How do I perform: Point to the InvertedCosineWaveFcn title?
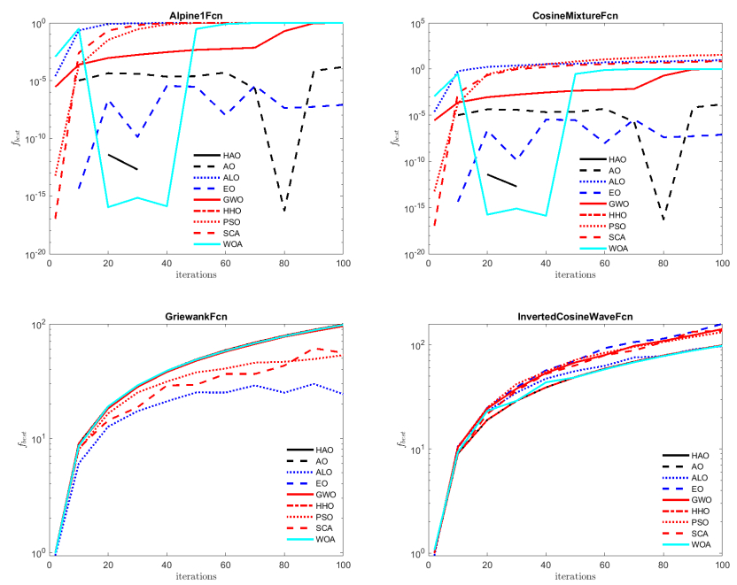click(576, 316)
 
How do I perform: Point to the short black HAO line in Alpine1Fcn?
click(122, 161)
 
